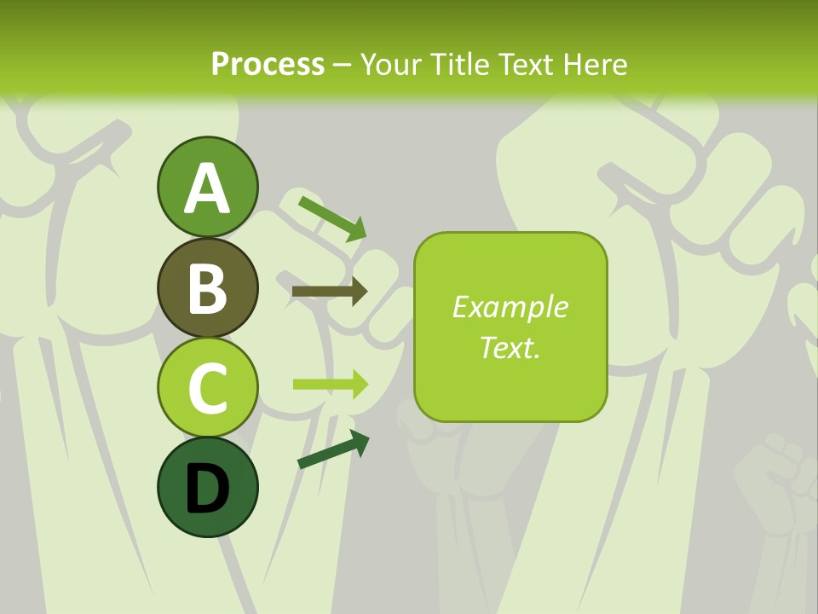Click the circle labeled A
coord(207,187)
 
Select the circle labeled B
coord(207,287)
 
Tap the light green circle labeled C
coord(207,387)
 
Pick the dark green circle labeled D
coord(207,487)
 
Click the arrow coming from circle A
coord(333,218)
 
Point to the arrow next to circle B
coord(330,292)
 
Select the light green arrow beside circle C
coord(331,384)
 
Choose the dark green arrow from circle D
coord(333,449)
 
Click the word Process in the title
coord(268,64)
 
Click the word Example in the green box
coord(510,307)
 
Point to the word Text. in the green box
coord(510,347)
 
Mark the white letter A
coord(207,188)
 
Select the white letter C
coord(207,388)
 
